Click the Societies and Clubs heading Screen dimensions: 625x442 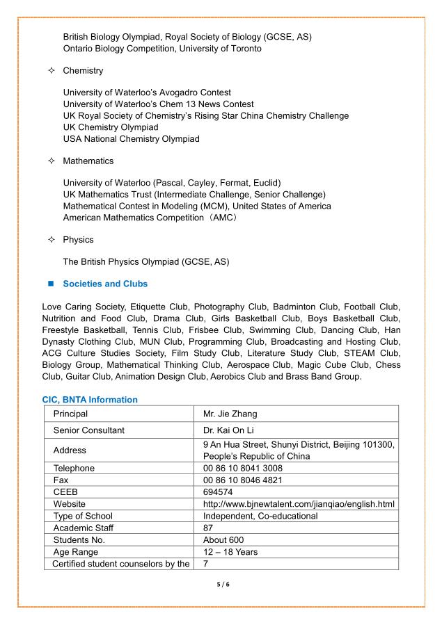point(105,284)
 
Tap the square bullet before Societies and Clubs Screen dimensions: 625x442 point(51,284)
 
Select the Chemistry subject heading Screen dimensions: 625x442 point(83,70)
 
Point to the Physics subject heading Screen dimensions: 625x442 point(78,239)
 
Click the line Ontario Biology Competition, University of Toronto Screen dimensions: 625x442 point(162,49)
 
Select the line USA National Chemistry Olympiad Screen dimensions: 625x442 point(131,138)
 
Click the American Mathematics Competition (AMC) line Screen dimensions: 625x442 point(150,218)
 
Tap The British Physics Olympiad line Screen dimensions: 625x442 point(146,261)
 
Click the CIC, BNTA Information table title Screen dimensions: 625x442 point(90,400)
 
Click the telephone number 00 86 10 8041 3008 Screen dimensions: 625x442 point(243,468)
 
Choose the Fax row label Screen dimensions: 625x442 point(62,480)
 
